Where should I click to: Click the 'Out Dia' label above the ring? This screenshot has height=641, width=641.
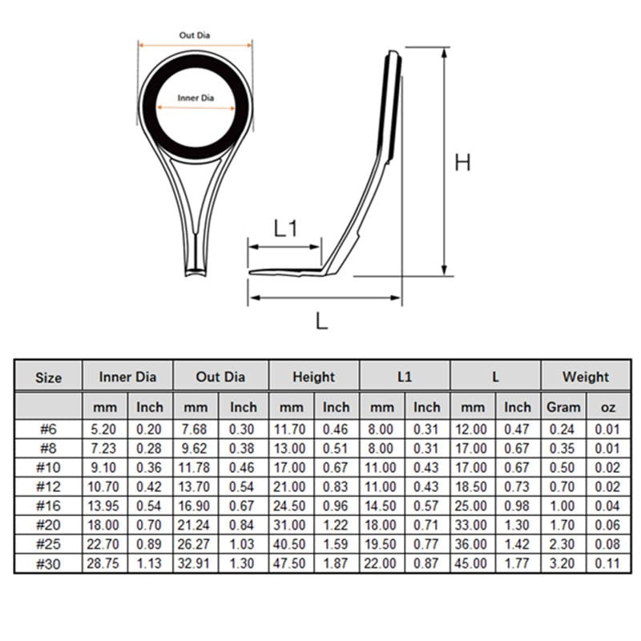pyautogui.click(x=195, y=35)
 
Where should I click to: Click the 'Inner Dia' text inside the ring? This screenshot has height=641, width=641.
pyautogui.click(x=196, y=98)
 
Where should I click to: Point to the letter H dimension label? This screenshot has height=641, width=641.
pyautogui.click(x=463, y=163)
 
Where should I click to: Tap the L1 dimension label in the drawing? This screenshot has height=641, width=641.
pyautogui.click(x=286, y=228)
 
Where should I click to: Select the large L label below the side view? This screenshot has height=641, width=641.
pyautogui.click(x=322, y=321)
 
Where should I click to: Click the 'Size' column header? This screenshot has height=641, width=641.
pyautogui.click(x=48, y=377)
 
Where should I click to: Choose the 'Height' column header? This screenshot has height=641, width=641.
pyautogui.click(x=313, y=377)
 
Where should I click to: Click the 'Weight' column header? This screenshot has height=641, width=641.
pyautogui.click(x=586, y=377)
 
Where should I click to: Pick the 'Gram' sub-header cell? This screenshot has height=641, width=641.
pyautogui.click(x=563, y=407)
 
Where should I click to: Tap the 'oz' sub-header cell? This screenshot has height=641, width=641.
pyautogui.click(x=608, y=408)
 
